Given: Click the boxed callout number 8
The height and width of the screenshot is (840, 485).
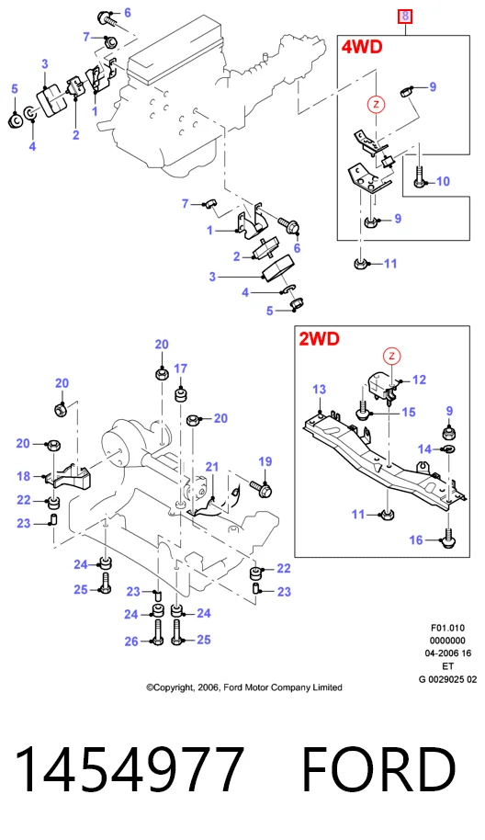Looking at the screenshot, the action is click(x=405, y=16).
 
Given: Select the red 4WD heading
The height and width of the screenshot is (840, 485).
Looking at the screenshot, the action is click(x=362, y=47).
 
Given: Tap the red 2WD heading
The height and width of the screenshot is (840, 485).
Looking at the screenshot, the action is click(x=319, y=338).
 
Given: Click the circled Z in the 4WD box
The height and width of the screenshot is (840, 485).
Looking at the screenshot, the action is click(x=376, y=104).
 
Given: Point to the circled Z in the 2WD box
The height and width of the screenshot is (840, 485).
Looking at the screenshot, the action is click(x=392, y=356).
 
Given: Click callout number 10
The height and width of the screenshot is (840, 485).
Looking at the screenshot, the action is click(x=444, y=182).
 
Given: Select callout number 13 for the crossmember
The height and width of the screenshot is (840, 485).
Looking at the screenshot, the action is click(x=319, y=389).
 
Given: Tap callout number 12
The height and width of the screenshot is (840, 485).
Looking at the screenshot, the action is click(x=419, y=380).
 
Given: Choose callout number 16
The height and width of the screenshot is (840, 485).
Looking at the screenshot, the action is click(x=416, y=540).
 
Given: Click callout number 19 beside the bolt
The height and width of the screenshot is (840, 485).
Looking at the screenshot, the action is click(x=265, y=461).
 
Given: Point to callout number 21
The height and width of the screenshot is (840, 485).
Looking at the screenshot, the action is click(x=212, y=467).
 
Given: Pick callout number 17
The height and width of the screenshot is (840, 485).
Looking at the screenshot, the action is click(x=180, y=369).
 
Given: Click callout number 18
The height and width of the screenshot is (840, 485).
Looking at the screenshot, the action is click(x=24, y=476).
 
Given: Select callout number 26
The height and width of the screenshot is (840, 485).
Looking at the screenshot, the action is click(x=131, y=641).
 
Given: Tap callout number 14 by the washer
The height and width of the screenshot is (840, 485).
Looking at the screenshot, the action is click(x=424, y=448).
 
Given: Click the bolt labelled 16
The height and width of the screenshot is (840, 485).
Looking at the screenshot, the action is click(x=447, y=538).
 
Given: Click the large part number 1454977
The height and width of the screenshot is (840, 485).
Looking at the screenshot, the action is click(x=130, y=768).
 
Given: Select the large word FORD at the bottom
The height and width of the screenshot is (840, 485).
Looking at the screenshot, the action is click(x=379, y=768).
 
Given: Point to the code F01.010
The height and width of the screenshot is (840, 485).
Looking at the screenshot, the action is click(x=447, y=628).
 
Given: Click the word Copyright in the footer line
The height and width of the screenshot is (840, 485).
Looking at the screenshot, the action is click(x=174, y=687).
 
